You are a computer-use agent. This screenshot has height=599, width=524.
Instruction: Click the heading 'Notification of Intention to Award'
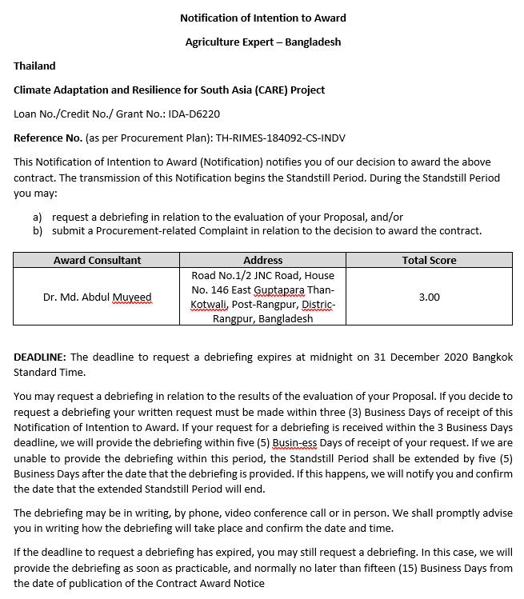pos(262,18)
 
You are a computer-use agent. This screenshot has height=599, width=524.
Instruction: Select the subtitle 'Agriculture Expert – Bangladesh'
pos(262,42)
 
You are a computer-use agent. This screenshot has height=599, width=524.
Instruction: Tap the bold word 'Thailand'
pos(34,66)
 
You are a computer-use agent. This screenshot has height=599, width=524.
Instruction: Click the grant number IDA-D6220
pos(194,114)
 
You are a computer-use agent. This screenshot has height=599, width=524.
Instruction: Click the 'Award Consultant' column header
pos(97,260)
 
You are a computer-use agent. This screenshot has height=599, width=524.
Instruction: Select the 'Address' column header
pos(262,260)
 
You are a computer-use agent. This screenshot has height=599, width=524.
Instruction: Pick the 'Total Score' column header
pos(429,260)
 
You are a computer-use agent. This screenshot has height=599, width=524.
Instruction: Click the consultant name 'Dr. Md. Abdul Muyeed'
pos(97,297)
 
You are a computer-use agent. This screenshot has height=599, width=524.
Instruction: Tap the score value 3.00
pos(429,297)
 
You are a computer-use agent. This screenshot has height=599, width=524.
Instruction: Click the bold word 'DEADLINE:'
pos(40,357)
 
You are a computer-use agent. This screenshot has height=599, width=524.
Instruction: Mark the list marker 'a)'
pos(38,217)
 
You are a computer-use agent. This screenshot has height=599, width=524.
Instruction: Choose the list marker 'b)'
pos(38,231)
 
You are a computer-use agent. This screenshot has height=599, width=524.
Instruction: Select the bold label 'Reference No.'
pos(47,138)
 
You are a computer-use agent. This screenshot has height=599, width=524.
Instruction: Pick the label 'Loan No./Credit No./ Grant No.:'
pos(90,114)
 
